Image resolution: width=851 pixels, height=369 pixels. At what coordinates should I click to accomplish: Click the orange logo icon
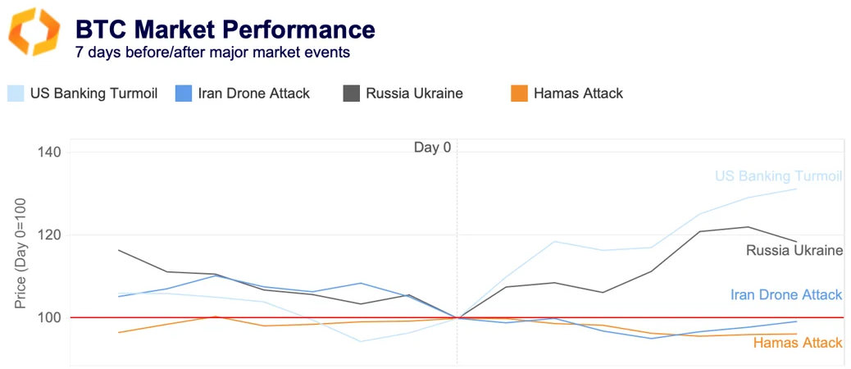point(34,33)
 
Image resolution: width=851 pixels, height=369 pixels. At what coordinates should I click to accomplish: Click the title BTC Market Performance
point(225,30)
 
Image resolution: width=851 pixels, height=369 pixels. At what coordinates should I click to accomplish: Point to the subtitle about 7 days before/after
point(212,52)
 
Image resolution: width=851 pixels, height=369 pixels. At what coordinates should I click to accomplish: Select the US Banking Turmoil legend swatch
point(16,93)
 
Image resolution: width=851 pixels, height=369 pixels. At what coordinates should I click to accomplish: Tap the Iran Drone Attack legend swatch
point(184,93)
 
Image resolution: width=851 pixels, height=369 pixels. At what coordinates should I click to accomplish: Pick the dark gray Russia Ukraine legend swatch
point(351,93)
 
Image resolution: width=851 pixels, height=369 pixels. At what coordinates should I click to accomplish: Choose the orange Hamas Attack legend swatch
point(518,93)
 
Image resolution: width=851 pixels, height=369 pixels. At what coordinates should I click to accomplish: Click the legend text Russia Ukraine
point(414,93)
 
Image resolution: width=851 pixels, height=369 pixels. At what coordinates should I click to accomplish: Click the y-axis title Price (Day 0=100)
point(20,253)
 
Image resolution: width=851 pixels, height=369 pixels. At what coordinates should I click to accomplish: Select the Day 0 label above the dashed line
point(432,148)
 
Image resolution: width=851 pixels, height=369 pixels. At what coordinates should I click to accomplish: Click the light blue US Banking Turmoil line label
point(778,176)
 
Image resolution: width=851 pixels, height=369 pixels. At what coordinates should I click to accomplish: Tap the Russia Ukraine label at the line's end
point(794,250)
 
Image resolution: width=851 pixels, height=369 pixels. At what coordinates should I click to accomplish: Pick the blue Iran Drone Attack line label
point(785,295)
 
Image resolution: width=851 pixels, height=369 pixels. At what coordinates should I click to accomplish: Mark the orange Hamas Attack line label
point(797,343)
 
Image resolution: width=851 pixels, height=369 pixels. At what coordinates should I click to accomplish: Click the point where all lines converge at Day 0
point(457,317)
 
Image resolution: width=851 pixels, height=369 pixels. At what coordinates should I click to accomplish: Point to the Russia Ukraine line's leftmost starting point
point(119,250)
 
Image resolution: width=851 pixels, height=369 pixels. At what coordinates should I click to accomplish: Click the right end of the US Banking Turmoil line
point(795,189)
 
